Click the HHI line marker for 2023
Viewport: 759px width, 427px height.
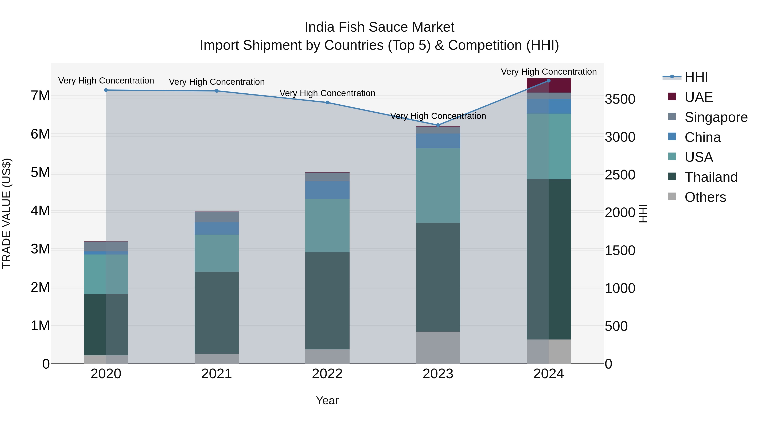coord(438,125)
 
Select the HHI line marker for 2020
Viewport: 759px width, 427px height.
coord(106,90)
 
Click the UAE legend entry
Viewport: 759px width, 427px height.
coord(698,97)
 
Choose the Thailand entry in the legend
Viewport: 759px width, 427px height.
coord(711,177)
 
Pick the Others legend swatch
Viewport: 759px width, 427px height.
coord(672,197)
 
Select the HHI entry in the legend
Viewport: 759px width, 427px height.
coord(696,77)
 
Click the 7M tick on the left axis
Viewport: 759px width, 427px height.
coord(40,96)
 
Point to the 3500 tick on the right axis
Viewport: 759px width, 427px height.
coord(620,99)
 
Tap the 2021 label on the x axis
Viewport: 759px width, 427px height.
coord(217,374)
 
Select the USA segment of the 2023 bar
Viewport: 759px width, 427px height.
coord(438,185)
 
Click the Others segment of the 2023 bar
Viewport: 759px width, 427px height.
coord(438,348)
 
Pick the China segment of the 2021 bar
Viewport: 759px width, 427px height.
coord(217,228)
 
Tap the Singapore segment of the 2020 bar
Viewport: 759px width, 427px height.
coord(106,246)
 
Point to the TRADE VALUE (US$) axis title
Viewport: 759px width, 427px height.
coord(7,214)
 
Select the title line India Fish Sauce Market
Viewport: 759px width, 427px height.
coord(379,27)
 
